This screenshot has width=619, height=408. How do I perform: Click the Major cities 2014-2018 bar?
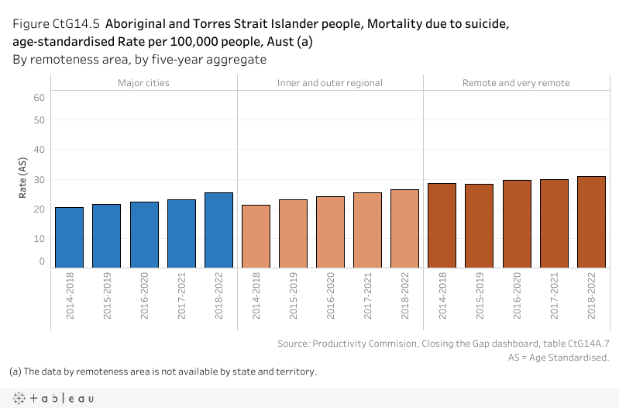coord(70,237)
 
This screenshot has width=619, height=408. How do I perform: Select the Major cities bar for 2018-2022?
coord(218,230)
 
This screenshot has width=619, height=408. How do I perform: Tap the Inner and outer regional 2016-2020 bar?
coord(330,232)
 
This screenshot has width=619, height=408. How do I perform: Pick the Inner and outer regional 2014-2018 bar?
coord(256,237)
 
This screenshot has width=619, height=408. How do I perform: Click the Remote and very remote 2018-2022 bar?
coord(591,222)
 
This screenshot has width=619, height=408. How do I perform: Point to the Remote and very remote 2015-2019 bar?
coord(479,226)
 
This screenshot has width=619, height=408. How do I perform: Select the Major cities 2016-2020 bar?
coord(144,235)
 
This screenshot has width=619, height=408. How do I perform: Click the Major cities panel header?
coord(143,83)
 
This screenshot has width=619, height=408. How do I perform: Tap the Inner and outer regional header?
coord(330,83)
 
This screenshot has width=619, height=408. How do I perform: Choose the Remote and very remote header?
coord(516,83)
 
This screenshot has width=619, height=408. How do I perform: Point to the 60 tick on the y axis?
coord(40,97)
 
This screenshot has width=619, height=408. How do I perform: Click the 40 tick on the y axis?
coord(40,150)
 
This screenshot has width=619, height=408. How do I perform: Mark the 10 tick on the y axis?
coord(40,238)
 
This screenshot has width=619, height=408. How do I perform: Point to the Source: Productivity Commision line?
coord(443,343)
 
